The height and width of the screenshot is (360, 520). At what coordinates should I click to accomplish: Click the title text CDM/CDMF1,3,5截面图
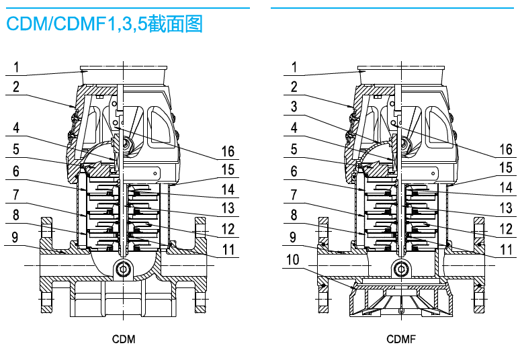pyautogui.click(x=104, y=25)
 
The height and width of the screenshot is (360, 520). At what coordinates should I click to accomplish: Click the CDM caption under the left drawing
pyautogui.click(x=124, y=339)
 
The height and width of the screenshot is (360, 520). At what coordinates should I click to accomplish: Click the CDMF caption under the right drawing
pyautogui.click(x=401, y=339)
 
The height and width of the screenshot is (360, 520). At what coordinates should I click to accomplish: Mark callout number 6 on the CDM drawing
pyautogui.click(x=15, y=171)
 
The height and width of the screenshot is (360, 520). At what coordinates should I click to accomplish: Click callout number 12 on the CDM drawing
pyautogui.click(x=228, y=230)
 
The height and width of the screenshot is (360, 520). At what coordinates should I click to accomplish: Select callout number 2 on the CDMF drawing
pyautogui.click(x=294, y=87)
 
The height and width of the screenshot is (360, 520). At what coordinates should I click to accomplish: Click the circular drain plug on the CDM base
pyautogui.click(x=124, y=269)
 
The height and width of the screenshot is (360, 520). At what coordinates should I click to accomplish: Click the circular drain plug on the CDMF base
pyautogui.click(x=401, y=269)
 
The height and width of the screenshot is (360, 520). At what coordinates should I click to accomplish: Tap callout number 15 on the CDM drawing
pyautogui.click(x=228, y=170)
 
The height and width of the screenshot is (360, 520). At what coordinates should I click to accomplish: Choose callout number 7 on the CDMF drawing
pyautogui.click(x=294, y=194)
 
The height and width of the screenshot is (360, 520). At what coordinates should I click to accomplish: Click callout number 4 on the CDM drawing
pyautogui.click(x=15, y=128)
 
